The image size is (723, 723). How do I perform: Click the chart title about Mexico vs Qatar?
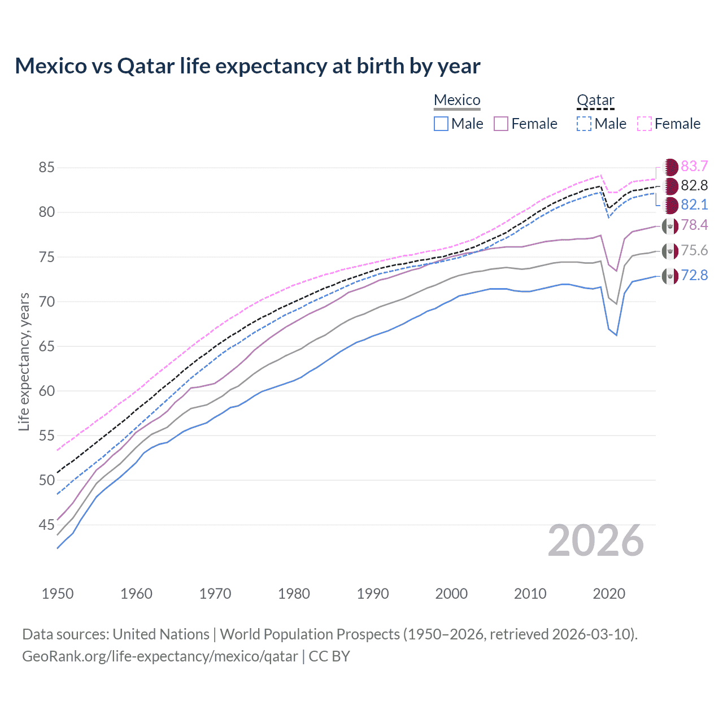[x=247, y=66]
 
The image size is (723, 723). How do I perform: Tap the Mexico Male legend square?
[x=441, y=124]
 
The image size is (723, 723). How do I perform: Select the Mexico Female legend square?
[x=501, y=124]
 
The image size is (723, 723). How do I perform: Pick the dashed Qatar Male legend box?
[x=584, y=124]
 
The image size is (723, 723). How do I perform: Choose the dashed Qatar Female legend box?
[x=644, y=124]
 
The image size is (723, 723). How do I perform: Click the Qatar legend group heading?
[x=595, y=100]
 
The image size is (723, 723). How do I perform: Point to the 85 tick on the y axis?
[x=47, y=168]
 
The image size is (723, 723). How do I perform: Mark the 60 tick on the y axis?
[x=47, y=391]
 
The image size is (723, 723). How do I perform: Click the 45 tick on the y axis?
[x=47, y=525]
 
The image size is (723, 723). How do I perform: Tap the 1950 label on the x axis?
[x=58, y=594]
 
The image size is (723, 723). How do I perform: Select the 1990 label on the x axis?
[x=373, y=594]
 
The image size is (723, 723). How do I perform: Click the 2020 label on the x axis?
[x=609, y=594]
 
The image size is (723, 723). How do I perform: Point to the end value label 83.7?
[x=694, y=166]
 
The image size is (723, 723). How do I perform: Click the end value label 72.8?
[x=694, y=275]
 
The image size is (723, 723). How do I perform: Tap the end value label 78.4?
[x=694, y=225]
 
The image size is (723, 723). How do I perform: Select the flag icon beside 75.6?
[x=670, y=251]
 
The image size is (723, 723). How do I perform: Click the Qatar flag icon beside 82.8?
[x=670, y=186]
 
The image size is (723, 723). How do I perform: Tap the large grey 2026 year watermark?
[x=596, y=541]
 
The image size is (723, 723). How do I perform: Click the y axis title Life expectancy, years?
[x=24, y=361]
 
